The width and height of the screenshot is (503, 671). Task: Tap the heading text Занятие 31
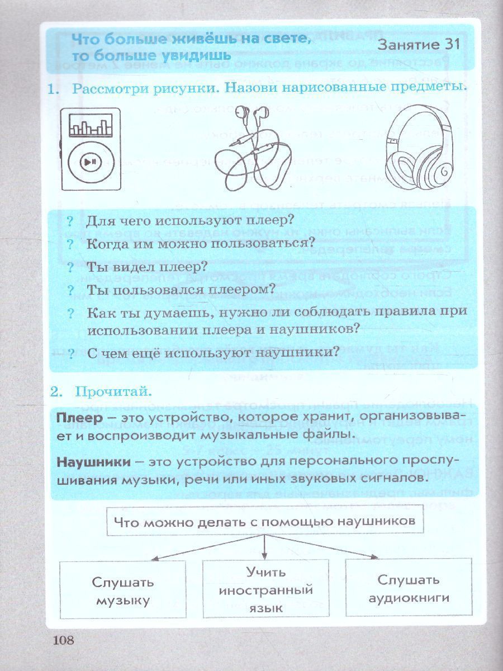pyautogui.click(x=419, y=45)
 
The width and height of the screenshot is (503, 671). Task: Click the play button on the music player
pyautogui.click(x=90, y=162)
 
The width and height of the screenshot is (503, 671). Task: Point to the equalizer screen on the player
pyautogui.click(x=90, y=126)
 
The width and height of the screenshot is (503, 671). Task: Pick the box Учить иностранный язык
pyautogui.click(x=265, y=590)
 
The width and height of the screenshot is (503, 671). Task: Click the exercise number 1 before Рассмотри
pyautogui.click(x=54, y=89)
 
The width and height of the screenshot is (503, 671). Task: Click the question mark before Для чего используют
pyautogui.click(x=70, y=220)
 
